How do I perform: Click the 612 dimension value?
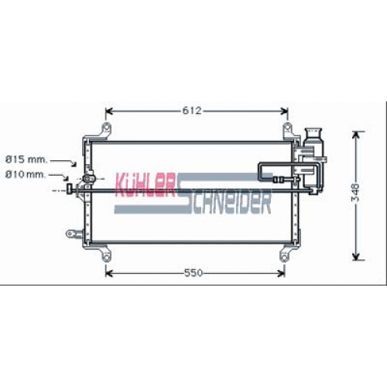tap(191, 111)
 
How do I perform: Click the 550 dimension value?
tap(193, 272)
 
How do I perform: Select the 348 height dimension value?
tap(356, 192)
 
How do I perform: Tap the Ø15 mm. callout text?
tap(26, 159)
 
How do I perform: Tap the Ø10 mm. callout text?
tap(26, 175)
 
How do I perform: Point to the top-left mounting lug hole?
tap(106, 128)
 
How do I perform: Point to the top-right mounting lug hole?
tap(287, 128)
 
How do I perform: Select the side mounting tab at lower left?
tap(74, 234)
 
